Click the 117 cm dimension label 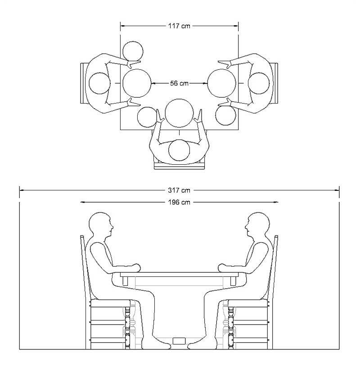click(x=179, y=26)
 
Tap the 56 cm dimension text click(x=179, y=83)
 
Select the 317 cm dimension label click(x=179, y=190)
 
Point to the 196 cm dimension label click(x=179, y=203)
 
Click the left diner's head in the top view click(x=100, y=83)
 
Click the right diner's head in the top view click(x=259, y=83)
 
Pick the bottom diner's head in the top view click(x=179, y=150)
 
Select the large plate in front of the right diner click(x=222, y=83)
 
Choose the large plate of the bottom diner click(x=179, y=113)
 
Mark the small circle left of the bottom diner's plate click(x=147, y=117)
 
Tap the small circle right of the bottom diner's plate click(x=225, y=115)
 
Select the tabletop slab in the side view click(x=179, y=275)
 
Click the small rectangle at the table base click(x=179, y=340)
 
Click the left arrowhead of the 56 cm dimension click(x=153, y=83)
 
